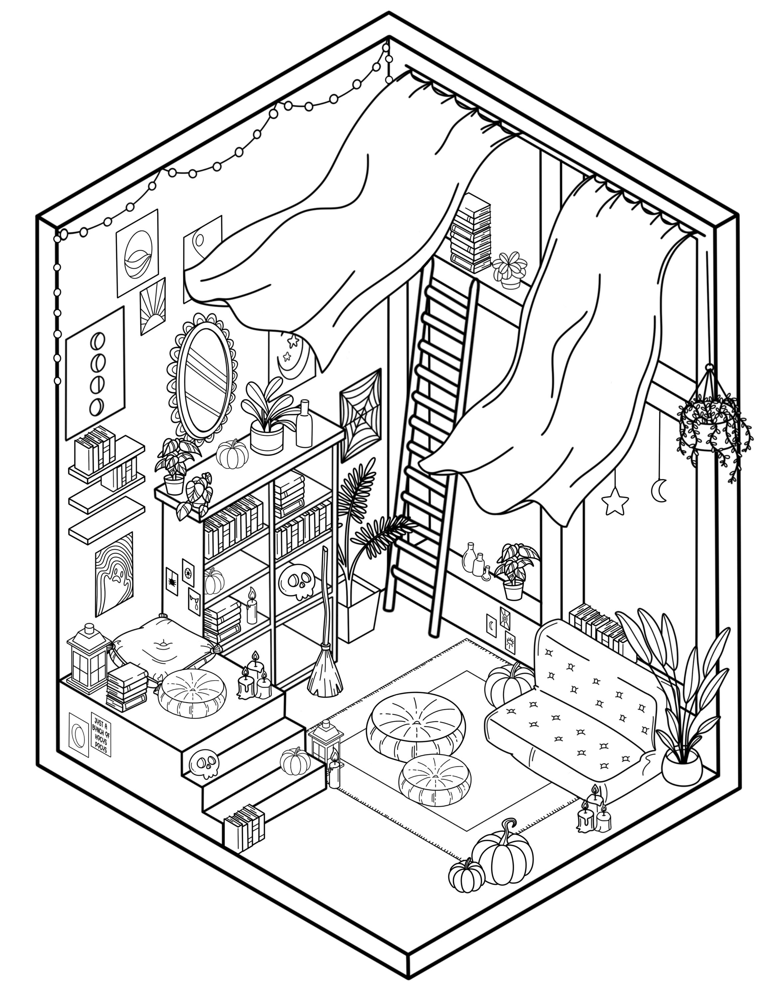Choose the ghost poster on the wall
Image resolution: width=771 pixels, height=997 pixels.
click(x=114, y=574)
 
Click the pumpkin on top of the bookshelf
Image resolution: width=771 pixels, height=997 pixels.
click(x=232, y=453)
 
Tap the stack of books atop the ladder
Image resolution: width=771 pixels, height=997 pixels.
click(x=471, y=232)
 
